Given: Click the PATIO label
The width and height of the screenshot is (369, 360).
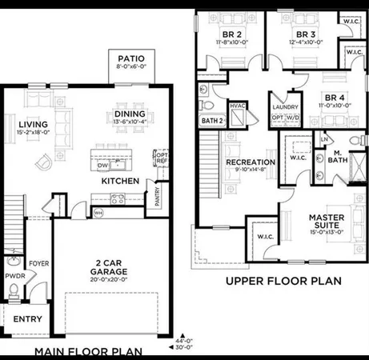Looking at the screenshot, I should click(130, 58).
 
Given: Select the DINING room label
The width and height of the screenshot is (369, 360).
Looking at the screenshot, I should click(129, 114).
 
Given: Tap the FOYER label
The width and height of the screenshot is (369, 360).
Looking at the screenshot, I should click(38, 261).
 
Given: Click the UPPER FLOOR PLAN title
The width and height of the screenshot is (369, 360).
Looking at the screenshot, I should click(284, 281).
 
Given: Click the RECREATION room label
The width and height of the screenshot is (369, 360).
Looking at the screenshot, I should click(251, 162).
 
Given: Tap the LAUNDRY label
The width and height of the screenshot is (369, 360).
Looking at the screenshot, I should click(285, 106).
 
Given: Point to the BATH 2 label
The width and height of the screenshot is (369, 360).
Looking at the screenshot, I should click(211, 120).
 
